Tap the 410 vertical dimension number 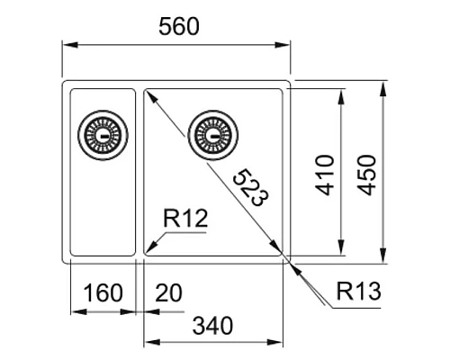[x=325, y=175]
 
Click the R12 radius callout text [x=186, y=218]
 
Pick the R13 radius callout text [x=360, y=292]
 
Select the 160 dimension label [x=103, y=293]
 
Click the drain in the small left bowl [x=98, y=135]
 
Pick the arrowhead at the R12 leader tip [x=149, y=248]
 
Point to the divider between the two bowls [x=139, y=171]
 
